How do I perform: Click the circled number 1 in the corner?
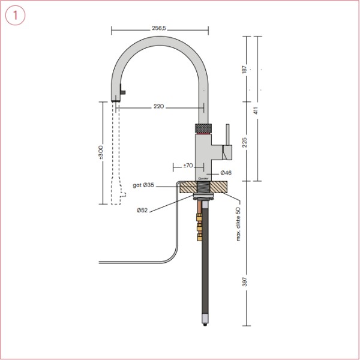pyautogui.click(x=15, y=15)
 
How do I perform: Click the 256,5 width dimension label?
pyautogui.click(x=160, y=28)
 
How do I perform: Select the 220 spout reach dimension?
pyautogui.click(x=158, y=107)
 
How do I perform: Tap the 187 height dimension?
pyautogui.click(x=244, y=69)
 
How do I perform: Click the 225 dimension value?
pyautogui.click(x=244, y=142)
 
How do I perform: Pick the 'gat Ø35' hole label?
pyautogui.click(x=143, y=185)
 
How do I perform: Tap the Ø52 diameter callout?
pyautogui.click(x=142, y=210)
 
